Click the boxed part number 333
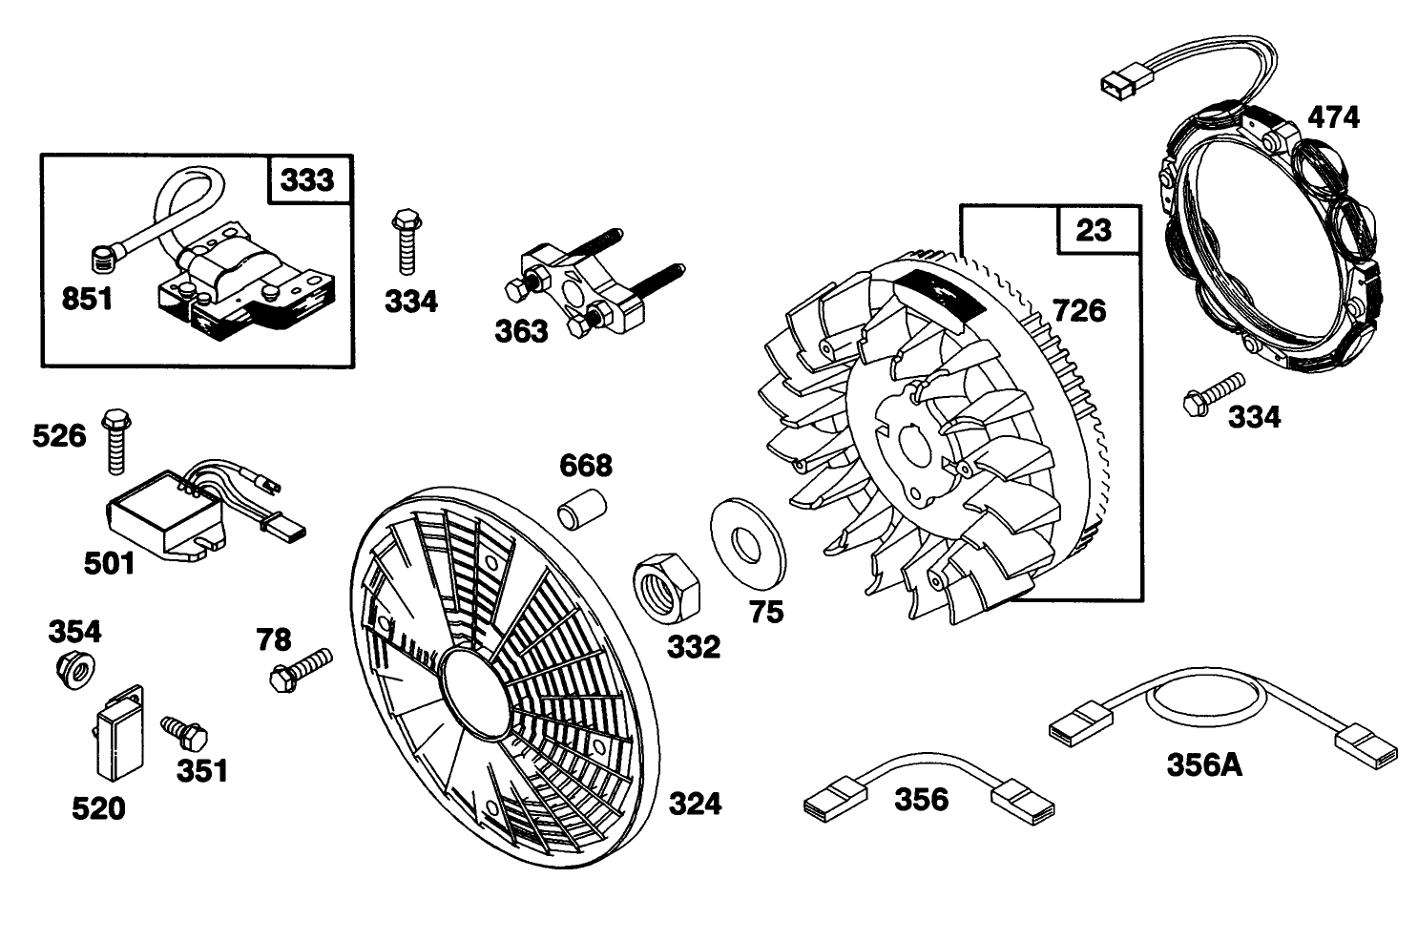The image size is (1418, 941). point(307,180)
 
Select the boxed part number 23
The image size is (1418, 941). point(1094,230)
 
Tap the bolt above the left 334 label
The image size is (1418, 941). point(404,243)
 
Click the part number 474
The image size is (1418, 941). point(1332,117)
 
